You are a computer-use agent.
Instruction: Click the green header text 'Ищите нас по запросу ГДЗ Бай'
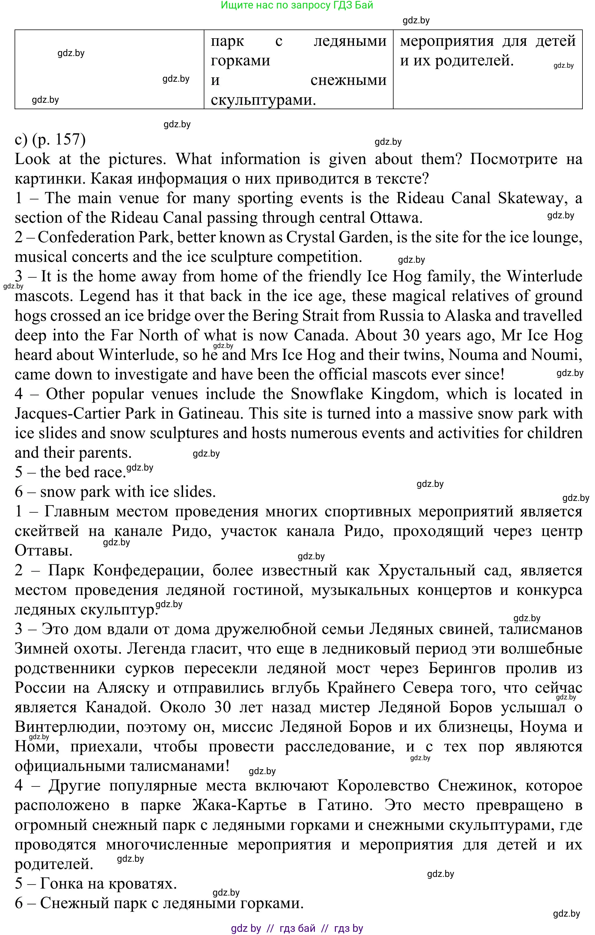[x=297, y=6]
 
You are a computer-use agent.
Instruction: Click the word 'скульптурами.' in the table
[x=263, y=100]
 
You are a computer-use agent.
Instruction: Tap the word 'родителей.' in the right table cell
[x=474, y=61]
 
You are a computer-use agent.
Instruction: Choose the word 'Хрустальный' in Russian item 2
[x=427, y=570]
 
